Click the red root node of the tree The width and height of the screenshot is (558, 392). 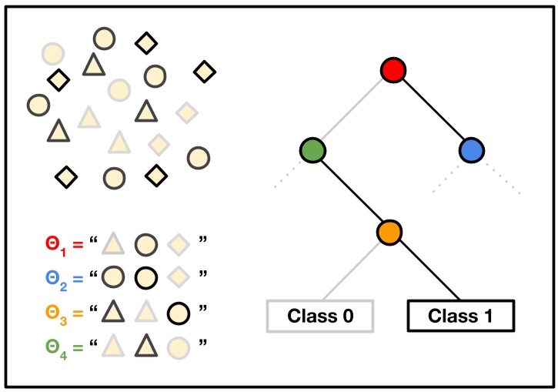pyautogui.click(x=393, y=72)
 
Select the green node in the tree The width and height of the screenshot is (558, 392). pyautogui.click(x=312, y=150)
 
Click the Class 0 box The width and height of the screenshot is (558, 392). pyautogui.click(x=319, y=315)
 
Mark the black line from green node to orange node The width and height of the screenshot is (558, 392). pyautogui.click(x=352, y=190)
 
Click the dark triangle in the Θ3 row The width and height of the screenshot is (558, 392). pyautogui.click(x=113, y=311)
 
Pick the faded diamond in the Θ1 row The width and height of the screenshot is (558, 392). pyautogui.click(x=179, y=246)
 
